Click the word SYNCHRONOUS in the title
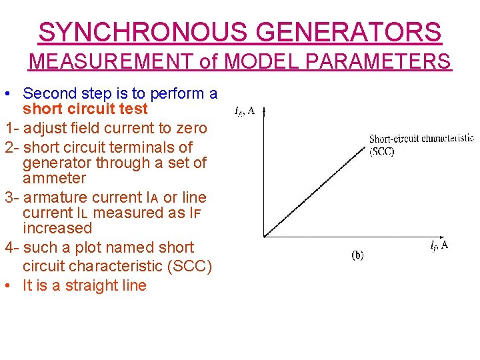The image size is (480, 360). [140, 32]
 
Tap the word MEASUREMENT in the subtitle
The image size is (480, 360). [112, 62]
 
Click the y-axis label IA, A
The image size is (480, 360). [245, 111]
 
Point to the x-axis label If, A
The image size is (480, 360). [439, 245]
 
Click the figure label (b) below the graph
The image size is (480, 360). [357, 255]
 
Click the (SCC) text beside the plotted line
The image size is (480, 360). [382, 151]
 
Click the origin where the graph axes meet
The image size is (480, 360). [265, 235]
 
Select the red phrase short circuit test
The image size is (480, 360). [85, 109]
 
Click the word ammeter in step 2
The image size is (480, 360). [55, 178]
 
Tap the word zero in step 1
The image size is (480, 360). [191, 127]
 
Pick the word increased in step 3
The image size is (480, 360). [57, 228]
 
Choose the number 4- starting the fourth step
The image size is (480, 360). [11, 247]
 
